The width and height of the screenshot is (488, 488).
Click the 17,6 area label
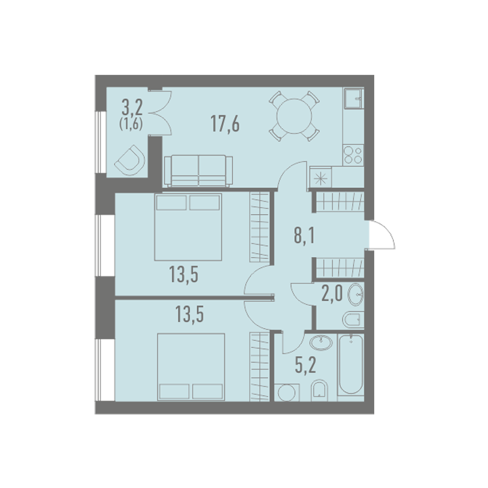coord(225,124)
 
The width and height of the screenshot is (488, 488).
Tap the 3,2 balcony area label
coord(132,108)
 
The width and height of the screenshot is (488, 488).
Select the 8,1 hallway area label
coord(305,236)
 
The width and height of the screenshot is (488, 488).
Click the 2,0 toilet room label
coord(332,293)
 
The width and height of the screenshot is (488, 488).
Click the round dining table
coord(294,116)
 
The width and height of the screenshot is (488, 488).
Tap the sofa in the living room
coord(198,171)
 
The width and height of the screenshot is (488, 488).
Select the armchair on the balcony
coord(130,160)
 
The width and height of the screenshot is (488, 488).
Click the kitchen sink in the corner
coord(353,98)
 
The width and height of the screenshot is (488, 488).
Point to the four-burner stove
coord(353,156)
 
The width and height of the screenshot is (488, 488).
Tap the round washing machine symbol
coord(287,393)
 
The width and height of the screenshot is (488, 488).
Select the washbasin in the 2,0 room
coord(355,294)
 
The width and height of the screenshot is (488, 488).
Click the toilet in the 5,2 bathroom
coord(319,390)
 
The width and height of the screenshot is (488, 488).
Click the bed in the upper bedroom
coord(188,227)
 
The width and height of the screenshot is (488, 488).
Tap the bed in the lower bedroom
coord(191,367)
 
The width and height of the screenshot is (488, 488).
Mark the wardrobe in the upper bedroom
coord(259,227)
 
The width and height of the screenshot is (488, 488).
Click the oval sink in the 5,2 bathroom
coord(321,343)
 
